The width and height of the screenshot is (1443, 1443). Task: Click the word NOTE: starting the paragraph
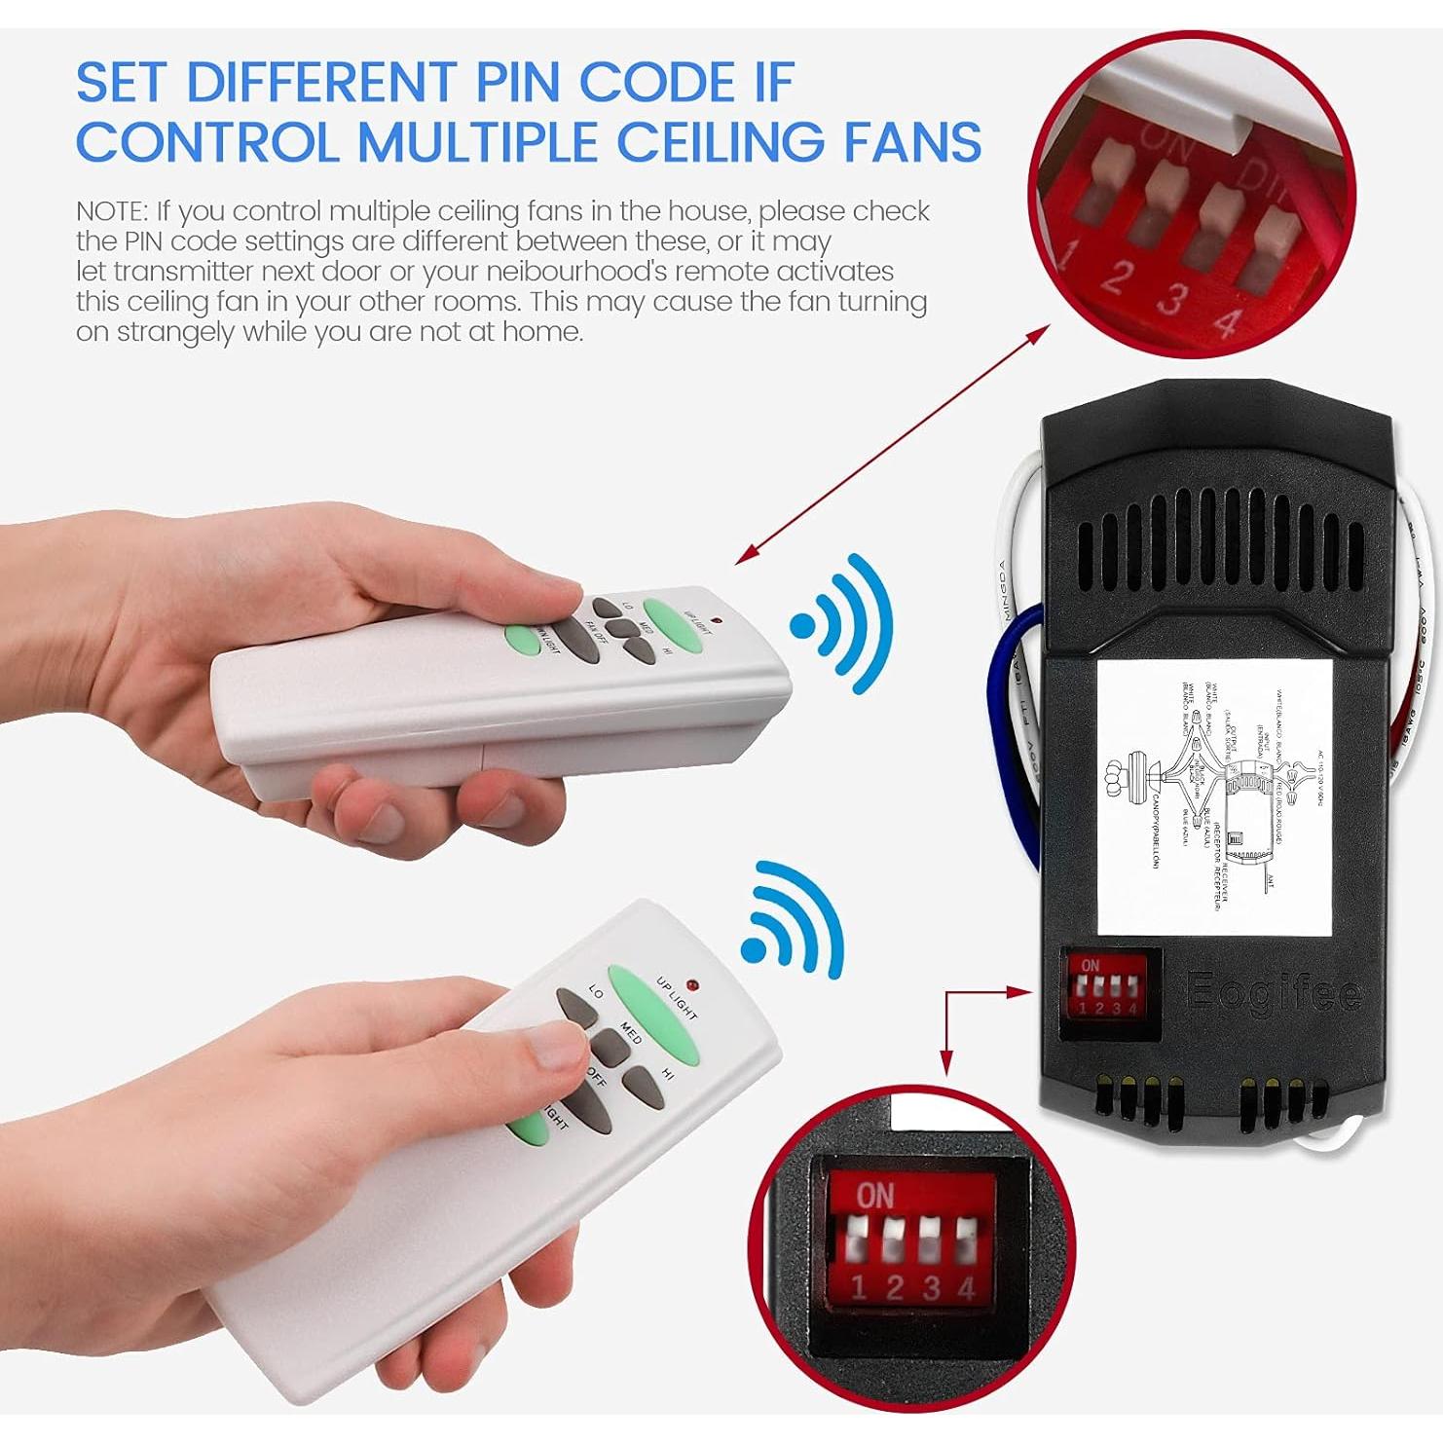(112, 211)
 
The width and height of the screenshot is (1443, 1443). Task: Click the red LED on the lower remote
(691, 984)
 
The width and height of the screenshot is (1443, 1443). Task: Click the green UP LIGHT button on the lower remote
(653, 1013)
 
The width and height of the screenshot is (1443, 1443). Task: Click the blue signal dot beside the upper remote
(803, 626)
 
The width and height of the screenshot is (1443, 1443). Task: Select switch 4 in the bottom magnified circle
(967, 1242)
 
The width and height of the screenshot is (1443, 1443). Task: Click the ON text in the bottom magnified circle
(874, 1195)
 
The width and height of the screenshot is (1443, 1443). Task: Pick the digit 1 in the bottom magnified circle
(858, 1288)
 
